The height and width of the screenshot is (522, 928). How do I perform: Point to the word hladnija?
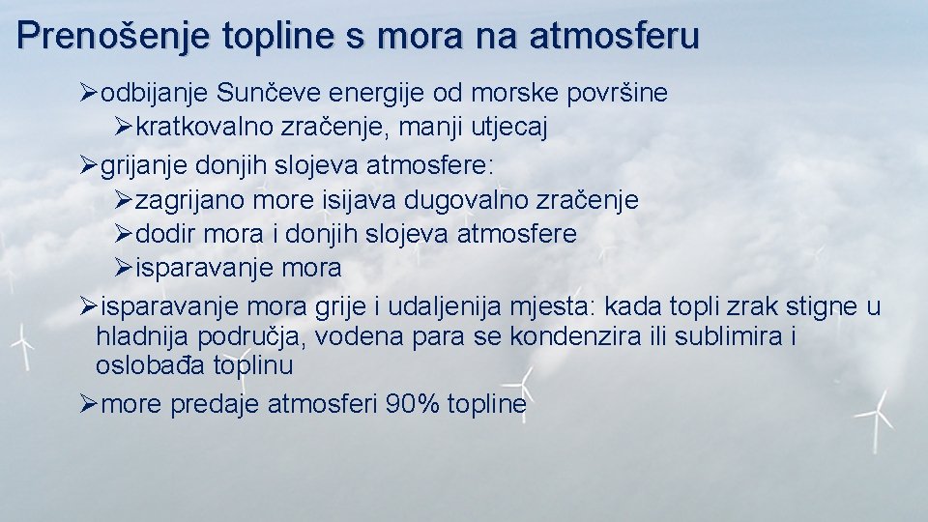[142, 337]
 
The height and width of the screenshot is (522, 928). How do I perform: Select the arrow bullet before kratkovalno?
[123, 128]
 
